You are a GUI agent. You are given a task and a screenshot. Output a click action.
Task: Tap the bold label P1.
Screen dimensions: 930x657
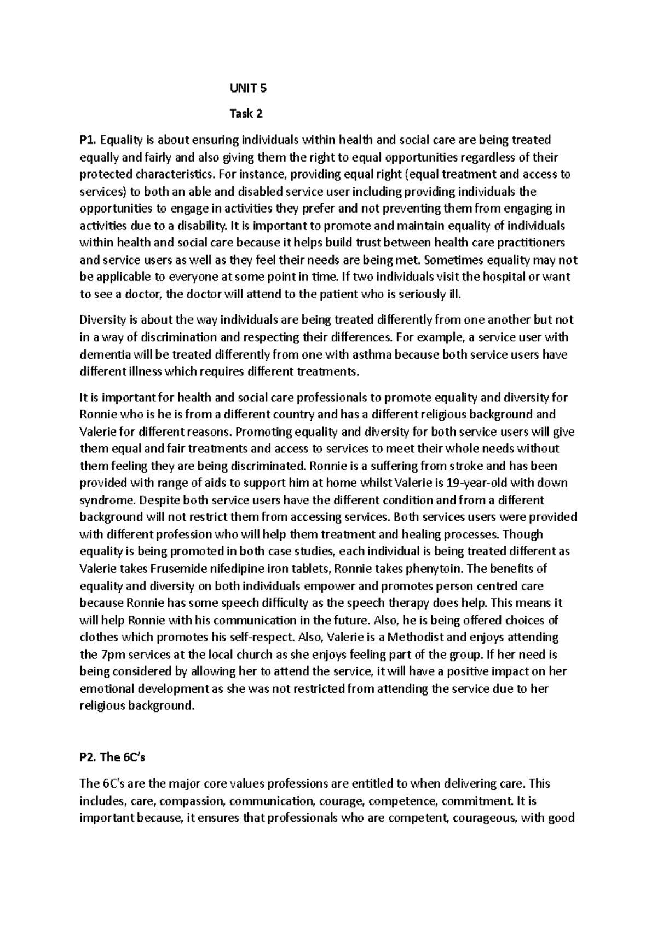(x=89, y=140)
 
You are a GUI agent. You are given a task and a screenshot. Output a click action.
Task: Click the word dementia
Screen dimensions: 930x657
(x=103, y=354)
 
